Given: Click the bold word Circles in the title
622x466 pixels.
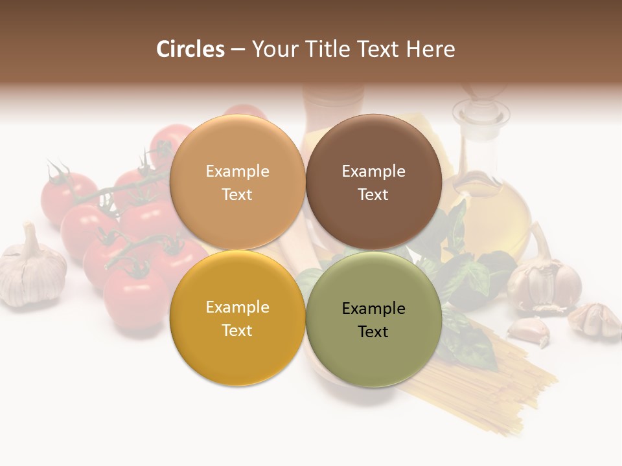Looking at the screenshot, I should click(x=190, y=49).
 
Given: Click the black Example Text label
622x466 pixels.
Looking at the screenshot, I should click(x=373, y=320).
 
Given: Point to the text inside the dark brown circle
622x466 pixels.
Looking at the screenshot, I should click(x=373, y=183).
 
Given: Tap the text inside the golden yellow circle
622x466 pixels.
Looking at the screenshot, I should click(x=237, y=318).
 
